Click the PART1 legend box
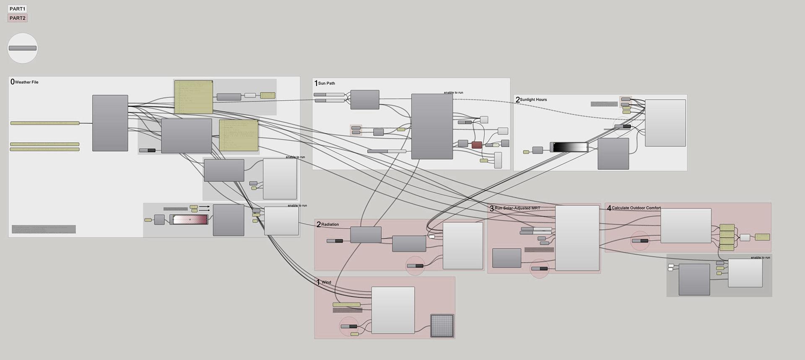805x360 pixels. (x=17, y=9)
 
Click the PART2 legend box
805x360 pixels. (x=17, y=18)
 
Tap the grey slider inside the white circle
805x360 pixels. (x=23, y=48)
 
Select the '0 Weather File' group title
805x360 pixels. (x=25, y=82)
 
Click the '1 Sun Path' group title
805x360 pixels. (x=325, y=83)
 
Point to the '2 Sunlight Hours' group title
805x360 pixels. (x=532, y=100)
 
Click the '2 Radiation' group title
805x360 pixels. (x=328, y=225)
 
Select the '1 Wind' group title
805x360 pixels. (x=324, y=282)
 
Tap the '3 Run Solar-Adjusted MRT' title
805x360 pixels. (x=515, y=208)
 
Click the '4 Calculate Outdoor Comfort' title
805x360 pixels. (x=634, y=208)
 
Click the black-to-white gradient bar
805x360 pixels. (x=570, y=147)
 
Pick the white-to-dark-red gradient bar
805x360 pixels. (x=190, y=220)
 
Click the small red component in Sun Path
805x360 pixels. (x=477, y=145)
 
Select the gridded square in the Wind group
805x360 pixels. (x=442, y=326)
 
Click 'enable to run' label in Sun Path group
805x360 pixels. (x=453, y=93)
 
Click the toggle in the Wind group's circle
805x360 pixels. (x=349, y=326)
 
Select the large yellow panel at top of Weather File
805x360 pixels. (x=194, y=97)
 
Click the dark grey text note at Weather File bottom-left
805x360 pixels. (x=44, y=229)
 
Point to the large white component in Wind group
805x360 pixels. (x=393, y=310)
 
